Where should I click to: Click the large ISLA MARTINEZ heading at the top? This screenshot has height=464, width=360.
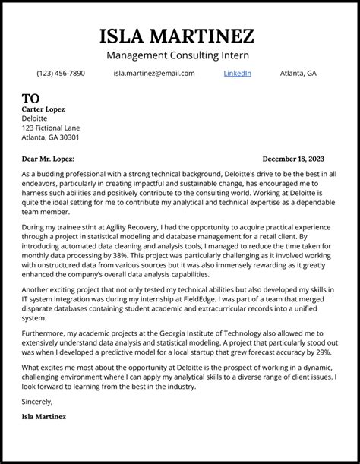tap(177, 36)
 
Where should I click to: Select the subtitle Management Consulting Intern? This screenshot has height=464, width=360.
tap(178, 55)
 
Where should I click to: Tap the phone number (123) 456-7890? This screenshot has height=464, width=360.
tap(61, 74)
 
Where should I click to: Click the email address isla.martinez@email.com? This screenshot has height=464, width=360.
tap(154, 74)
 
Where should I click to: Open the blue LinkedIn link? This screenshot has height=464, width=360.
tap(237, 74)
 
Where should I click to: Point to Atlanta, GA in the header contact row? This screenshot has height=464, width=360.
tap(298, 74)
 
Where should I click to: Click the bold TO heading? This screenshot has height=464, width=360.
tap(30, 99)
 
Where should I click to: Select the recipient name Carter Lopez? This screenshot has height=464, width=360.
tap(43, 109)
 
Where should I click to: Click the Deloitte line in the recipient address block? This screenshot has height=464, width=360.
tap(34, 119)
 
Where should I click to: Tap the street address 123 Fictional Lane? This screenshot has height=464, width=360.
tap(50, 128)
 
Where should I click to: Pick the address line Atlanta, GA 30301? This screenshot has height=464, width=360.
tap(50, 138)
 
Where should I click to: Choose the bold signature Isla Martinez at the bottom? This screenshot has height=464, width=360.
tap(44, 417)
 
